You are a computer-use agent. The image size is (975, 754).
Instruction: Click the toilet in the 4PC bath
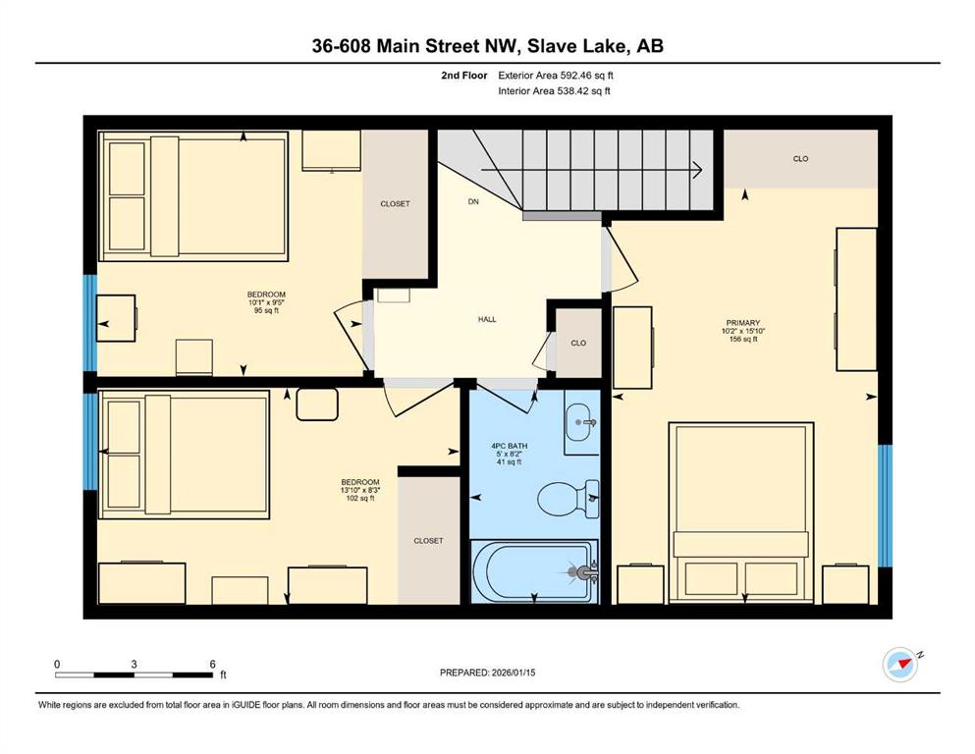(x=568, y=499)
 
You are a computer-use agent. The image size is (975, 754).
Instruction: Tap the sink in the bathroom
(x=582, y=423)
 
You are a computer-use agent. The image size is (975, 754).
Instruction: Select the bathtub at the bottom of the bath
(x=534, y=571)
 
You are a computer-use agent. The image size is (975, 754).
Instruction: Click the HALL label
(x=487, y=319)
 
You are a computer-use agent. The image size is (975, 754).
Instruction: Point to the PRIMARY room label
(x=743, y=323)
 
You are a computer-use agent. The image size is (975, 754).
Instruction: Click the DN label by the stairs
(x=473, y=201)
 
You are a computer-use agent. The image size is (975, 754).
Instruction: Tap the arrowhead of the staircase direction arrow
(x=698, y=169)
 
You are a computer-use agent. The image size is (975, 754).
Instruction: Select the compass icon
(x=900, y=665)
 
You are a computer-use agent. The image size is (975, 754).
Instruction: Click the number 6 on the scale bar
(x=212, y=664)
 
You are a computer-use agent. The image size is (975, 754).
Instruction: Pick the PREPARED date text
(x=487, y=673)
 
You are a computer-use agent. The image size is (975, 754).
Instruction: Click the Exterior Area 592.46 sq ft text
(x=556, y=76)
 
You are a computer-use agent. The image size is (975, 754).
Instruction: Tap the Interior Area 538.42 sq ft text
(x=554, y=90)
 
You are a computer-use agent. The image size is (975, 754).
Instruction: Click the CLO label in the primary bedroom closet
(x=800, y=158)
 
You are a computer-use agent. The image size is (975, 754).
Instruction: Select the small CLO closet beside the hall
(x=578, y=343)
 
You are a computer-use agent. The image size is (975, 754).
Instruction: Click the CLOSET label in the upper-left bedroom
(x=395, y=204)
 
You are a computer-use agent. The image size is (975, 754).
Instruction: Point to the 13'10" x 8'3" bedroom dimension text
(x=360, y=490)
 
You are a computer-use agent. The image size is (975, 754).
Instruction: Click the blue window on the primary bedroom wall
(x=885, y=506)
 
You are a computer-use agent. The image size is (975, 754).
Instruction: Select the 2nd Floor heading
(x=463, y=76)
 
